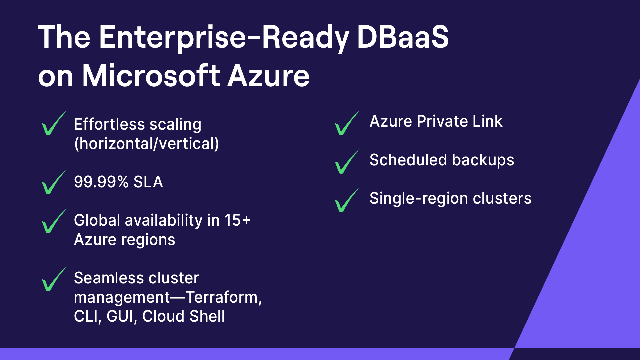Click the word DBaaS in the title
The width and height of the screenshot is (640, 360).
(403, 37)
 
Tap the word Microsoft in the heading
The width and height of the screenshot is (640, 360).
(151, 76)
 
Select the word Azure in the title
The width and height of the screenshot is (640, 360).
(268, 76)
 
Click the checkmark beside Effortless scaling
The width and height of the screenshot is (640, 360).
(53, 124)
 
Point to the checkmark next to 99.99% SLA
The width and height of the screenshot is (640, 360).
(53, 182)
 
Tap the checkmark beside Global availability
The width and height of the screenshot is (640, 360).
(53, 222)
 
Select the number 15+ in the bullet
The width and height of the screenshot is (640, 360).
(237, 220)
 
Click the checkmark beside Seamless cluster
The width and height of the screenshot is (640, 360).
(53, 280)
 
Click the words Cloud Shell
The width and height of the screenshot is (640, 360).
(183, 316)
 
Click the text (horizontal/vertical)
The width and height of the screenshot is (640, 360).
(146, 144)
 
